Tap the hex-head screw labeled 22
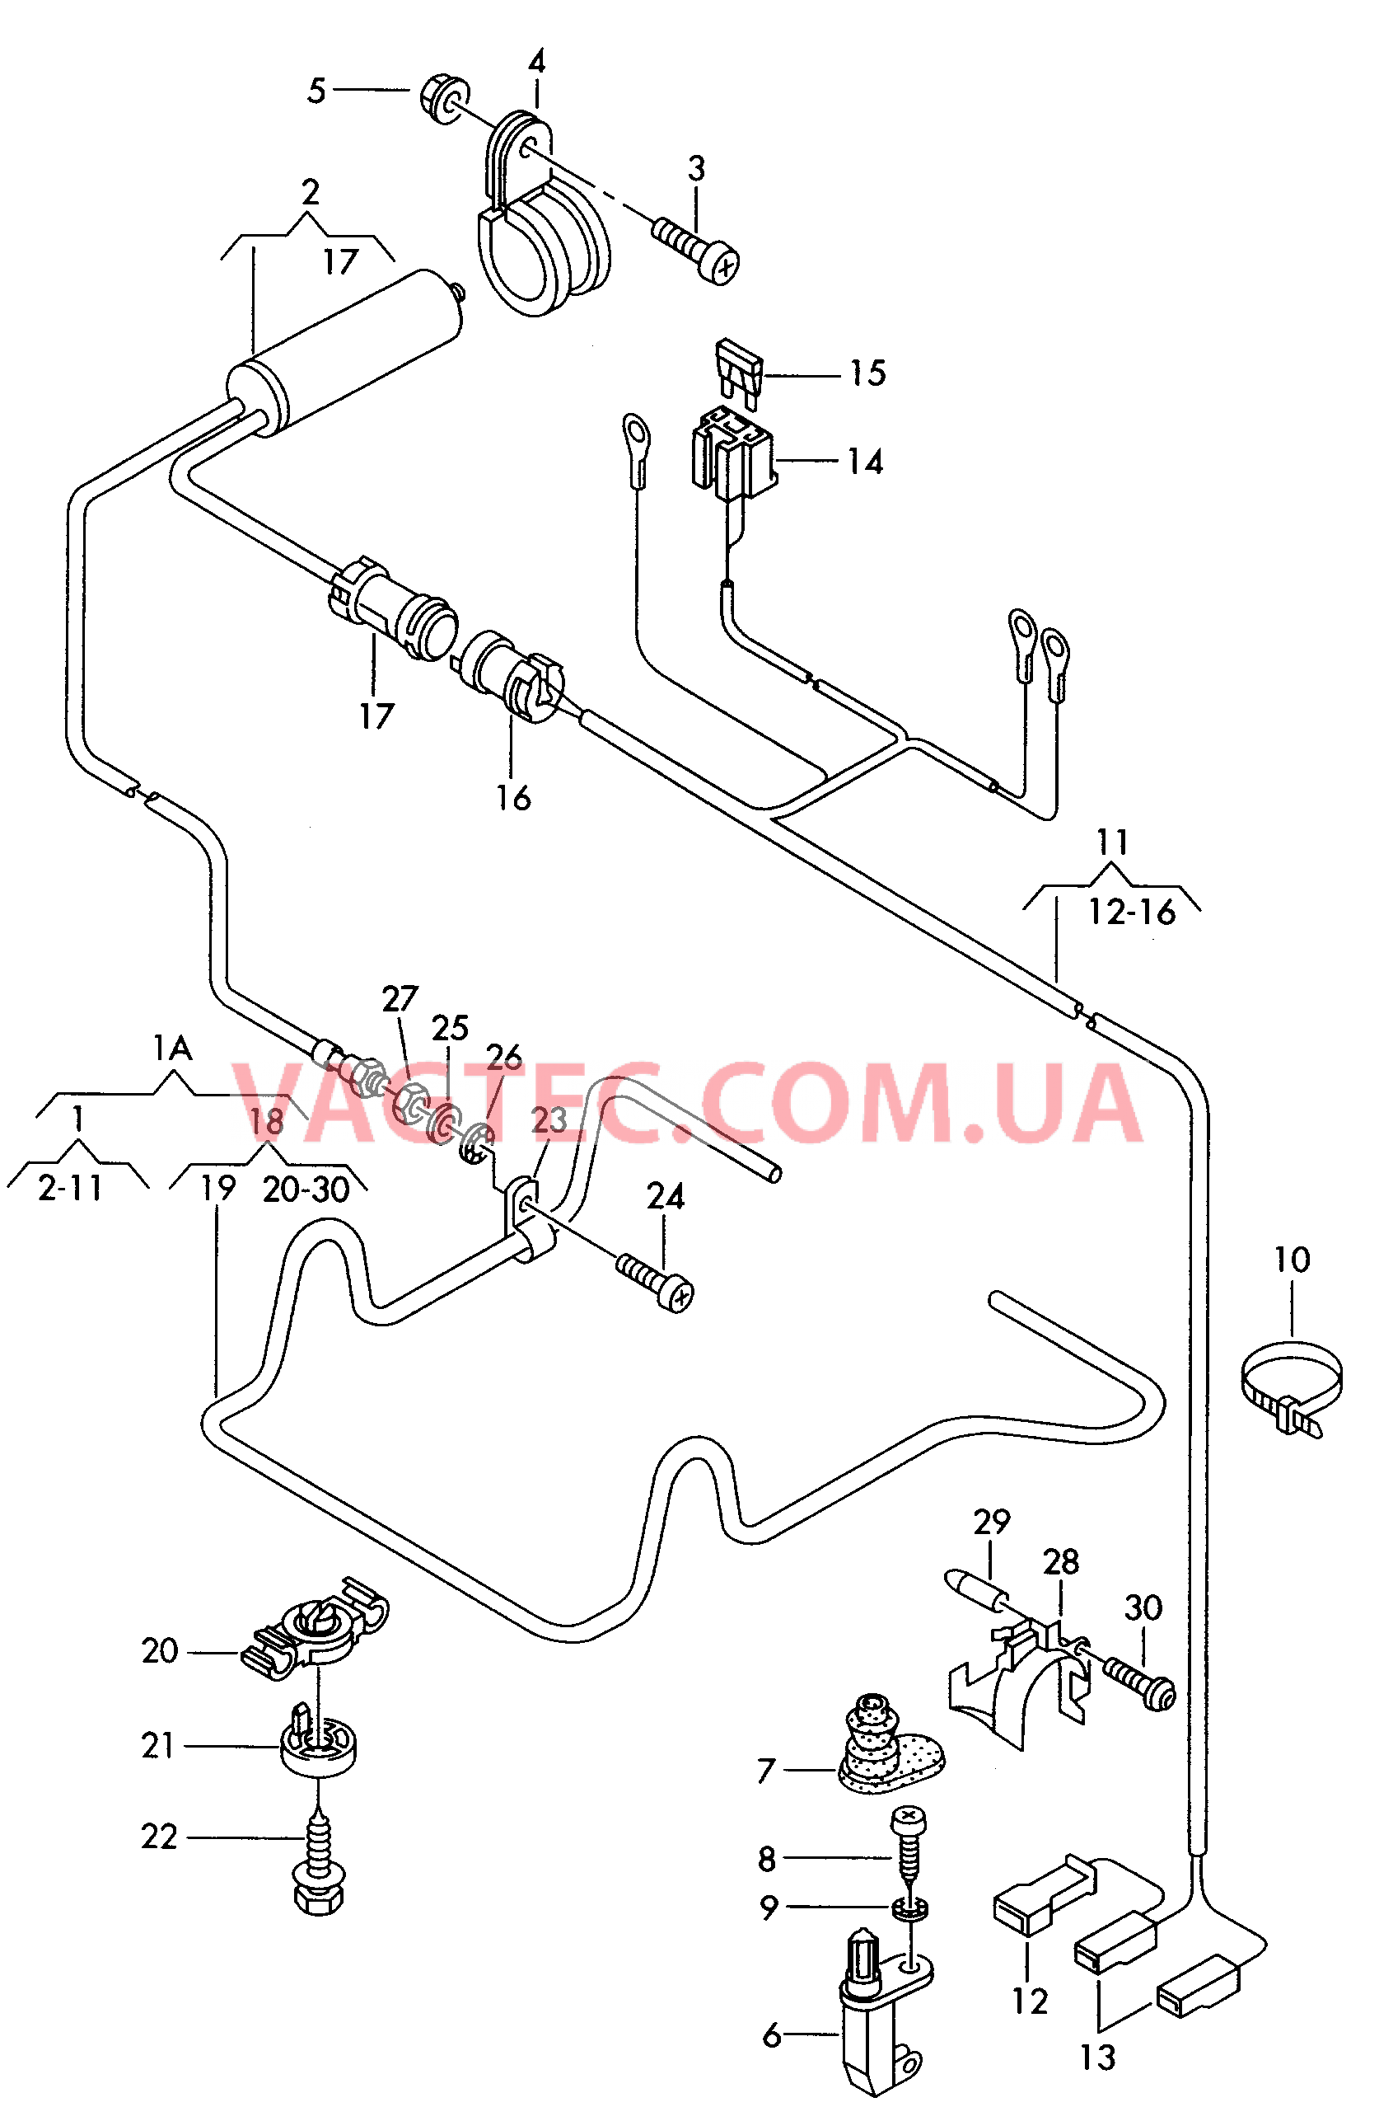pyautogui.click(x=319, y=1862)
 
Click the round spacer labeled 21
pyautogui.click(x=319, y=1747)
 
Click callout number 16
pyautogui.click(x=513, y=798)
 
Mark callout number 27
pyautogui.click(x=400, y=998)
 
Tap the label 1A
pyautogui.click(x=172, y=1048)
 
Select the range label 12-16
pyautogui.click(x=1132, y=912)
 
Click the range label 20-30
pyautogui.click(x=306, y=1189)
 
